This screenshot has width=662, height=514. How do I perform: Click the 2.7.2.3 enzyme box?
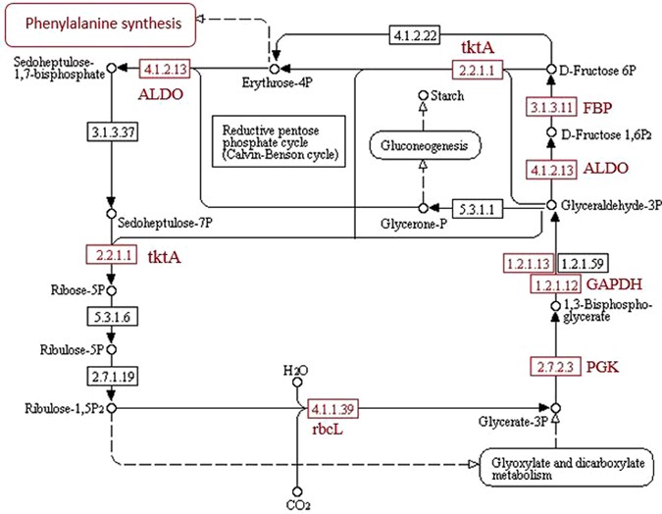point(555,366)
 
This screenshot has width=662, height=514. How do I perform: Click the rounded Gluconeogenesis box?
point(426,147)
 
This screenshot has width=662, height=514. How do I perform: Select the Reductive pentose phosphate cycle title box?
point(280,141)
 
